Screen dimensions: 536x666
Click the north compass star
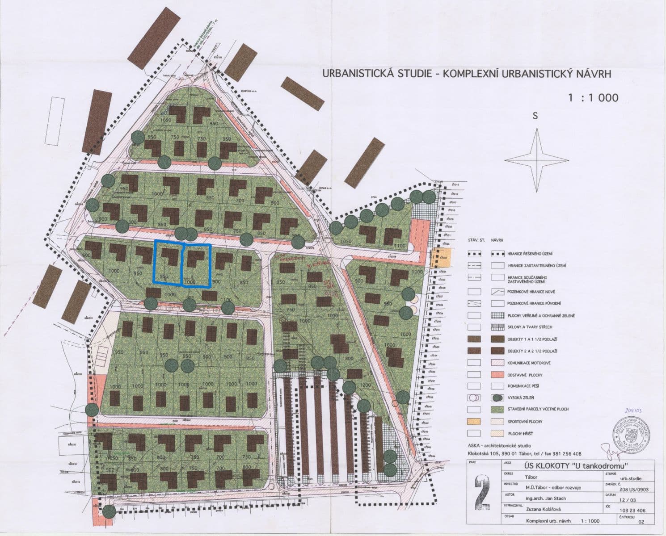[x=535, y=160]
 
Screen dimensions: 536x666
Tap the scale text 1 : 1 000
[x=593, y=97]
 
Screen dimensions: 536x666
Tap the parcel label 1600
[x=389, y=345]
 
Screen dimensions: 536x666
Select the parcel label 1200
[x=365, y=385]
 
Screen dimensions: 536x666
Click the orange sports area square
[x=438, y=258]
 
